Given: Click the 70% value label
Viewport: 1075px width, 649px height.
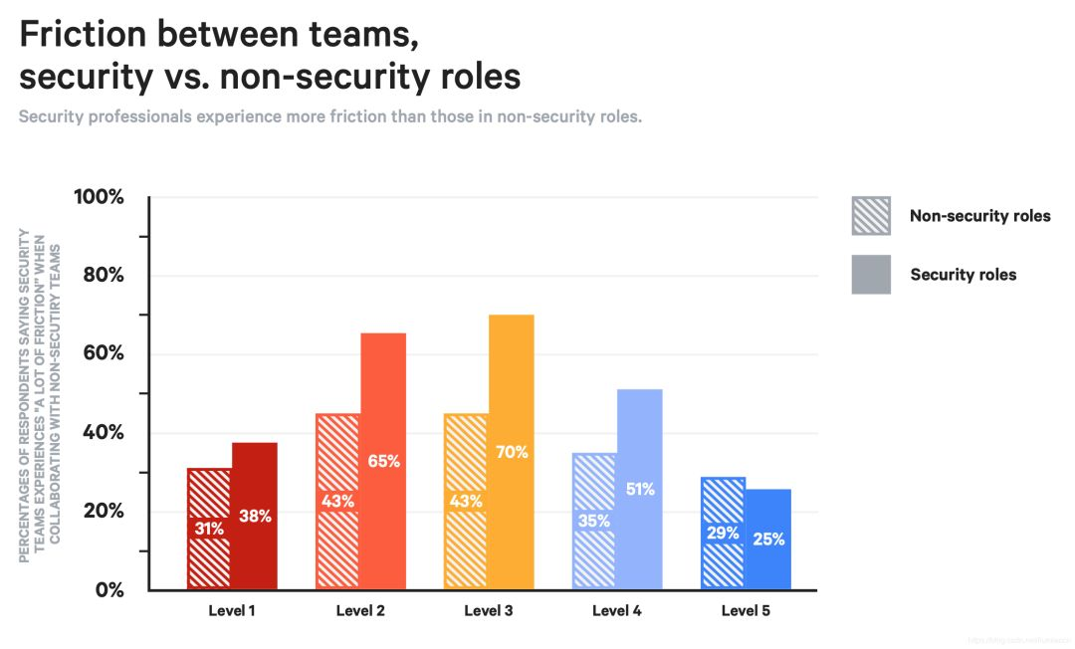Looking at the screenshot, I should [x=512, y=452].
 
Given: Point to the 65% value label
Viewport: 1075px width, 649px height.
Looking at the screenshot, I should [x=383, y=461].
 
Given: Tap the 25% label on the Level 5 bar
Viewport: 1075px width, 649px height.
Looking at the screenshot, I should [x=768, y=540].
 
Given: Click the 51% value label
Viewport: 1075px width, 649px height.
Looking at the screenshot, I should [x=640, y=489].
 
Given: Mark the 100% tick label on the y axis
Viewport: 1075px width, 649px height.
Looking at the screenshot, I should [x=100, y=197].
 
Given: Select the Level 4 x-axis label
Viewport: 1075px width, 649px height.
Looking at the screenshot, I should [x=617, y=611].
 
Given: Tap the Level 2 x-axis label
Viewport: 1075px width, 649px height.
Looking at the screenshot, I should [x=360, y=611].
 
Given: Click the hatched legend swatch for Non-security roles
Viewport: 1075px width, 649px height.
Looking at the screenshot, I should [x=871, y=216].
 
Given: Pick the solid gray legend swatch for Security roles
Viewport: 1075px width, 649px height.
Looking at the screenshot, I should [x=871, y=275].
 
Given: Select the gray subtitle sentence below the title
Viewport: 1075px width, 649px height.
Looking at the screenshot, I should [x=330, y=116].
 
